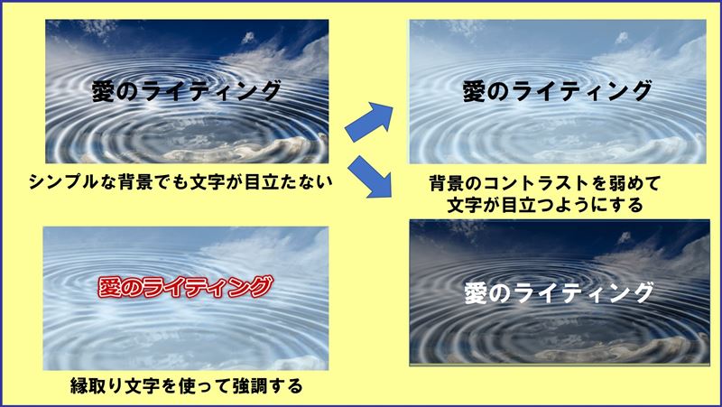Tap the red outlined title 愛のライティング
[x=184, y=288]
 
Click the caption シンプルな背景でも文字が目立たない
[x=181, y=180]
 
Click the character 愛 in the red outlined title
[x=110, y=288]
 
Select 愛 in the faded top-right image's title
[x=476, y=90]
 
